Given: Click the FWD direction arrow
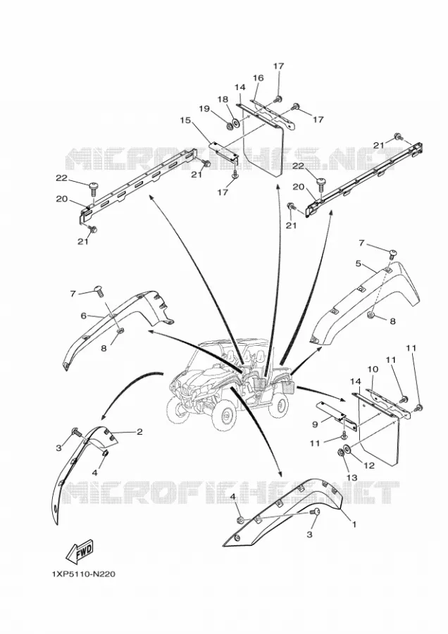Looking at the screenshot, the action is click(80, 551).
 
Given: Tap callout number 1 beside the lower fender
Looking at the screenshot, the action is click(354, 525).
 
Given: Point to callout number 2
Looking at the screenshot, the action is click(139, 432).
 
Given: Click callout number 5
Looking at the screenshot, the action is click(359, 263).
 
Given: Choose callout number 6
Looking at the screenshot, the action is click(84, 316).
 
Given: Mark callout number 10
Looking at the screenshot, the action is click(373, 369).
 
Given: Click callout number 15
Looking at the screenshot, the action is click(185, 120).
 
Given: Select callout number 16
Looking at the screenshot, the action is click(259, 77).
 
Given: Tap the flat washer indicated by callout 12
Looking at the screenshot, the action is click(347, 449).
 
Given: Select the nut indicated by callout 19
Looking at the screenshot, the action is click(229, 125).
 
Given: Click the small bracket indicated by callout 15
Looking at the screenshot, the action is click(223, 152).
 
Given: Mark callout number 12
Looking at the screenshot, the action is click(368, 466).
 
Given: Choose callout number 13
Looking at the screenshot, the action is click(351, 478).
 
